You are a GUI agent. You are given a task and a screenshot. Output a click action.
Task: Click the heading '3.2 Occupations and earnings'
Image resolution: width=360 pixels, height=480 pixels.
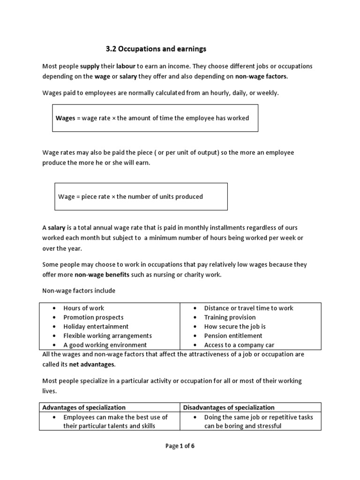(x=154, y=49)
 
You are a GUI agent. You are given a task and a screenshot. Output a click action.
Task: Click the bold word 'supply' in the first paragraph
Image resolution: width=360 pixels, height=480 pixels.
(x=90, y=66)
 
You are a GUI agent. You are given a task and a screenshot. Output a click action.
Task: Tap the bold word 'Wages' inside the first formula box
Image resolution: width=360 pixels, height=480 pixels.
(x=65, y=118)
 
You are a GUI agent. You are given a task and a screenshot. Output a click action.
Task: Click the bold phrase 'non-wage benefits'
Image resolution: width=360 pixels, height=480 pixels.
(x=102, y=275)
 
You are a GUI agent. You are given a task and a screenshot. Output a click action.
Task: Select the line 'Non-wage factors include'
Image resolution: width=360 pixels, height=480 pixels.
(x=79, y=291)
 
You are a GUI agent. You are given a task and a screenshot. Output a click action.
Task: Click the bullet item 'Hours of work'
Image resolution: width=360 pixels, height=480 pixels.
(x=84, y=308)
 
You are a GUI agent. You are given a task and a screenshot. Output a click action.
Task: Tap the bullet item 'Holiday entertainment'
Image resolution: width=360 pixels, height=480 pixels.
(x=96, y=327)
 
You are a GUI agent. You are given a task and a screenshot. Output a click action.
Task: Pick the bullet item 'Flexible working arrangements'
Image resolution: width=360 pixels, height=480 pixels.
(x=107, y=336)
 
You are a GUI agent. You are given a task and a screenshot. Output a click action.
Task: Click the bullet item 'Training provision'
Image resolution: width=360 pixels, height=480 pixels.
(x=230, y=317)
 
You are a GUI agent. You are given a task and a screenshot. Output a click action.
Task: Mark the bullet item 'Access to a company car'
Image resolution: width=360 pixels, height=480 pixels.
(x=239, y=345)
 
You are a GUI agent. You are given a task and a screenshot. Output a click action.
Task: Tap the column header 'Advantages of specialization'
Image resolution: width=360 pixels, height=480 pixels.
(x=84, y=407)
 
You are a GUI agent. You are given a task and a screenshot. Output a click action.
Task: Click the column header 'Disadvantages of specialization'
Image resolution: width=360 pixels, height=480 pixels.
(x=229, y=407)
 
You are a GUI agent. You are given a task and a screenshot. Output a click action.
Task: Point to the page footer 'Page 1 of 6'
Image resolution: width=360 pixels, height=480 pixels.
(x=180, y=446)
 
